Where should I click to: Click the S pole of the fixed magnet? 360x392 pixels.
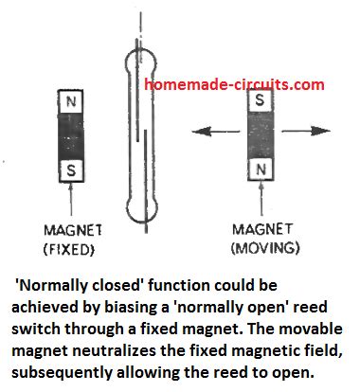(x=72, y=170)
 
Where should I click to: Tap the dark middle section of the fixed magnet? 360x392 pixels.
(x=72, y=135)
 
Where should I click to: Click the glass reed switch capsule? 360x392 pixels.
(x=138, y=133)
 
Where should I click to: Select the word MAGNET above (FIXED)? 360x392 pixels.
(x=72, y=230)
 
